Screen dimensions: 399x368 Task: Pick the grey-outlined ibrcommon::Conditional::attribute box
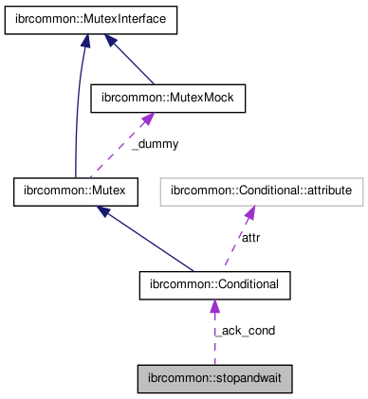(262, 192)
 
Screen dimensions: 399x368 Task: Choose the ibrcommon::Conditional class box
(214, 283)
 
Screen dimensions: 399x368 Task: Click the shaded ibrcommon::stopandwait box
(214, 379)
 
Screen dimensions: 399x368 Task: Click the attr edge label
(251, 238)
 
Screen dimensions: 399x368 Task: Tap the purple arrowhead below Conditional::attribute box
(249, 213)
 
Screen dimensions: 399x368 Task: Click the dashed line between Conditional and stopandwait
(214, 341)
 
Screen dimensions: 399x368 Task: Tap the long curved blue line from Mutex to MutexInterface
(75, 114)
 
